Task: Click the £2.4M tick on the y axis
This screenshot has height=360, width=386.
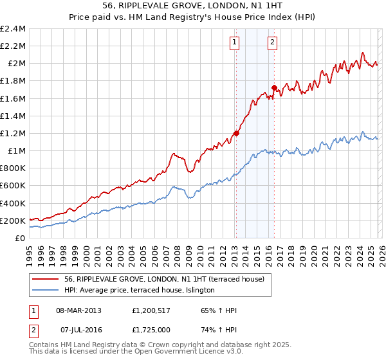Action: tap(14, 29)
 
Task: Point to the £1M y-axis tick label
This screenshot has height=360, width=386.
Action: tap(17, 151)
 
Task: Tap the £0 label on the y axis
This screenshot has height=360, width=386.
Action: tap(21, 239)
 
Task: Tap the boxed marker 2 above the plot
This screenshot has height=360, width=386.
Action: tap(273, 42)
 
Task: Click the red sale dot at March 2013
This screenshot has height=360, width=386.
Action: tap(236, 133)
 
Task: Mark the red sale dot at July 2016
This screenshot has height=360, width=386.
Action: tap(274, 87)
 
